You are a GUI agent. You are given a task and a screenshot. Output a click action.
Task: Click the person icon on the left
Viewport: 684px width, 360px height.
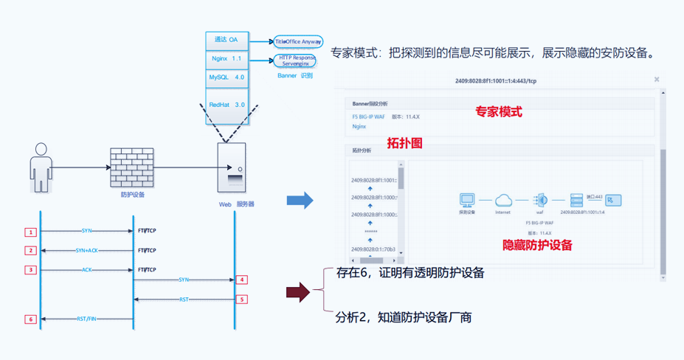[x=41, y=167]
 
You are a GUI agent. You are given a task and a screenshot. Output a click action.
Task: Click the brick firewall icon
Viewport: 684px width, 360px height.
[x=132, y=167]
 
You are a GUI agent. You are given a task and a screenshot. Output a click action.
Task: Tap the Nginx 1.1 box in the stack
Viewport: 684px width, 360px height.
[x=227, y=58]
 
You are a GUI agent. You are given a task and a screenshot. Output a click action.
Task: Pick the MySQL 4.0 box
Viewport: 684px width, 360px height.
[x=227, y=77]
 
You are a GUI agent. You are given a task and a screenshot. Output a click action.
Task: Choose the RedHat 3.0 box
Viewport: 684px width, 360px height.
[x=227, y=105]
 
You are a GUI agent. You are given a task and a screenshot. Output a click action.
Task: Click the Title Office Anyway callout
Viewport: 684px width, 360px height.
[x=298, y=42]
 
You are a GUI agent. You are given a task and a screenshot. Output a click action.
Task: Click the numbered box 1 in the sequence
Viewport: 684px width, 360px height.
[x=30, y=232]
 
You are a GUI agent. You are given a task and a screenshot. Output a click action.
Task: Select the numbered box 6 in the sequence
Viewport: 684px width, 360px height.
[x=30, y=319]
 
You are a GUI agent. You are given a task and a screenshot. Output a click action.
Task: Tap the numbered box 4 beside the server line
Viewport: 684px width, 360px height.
[x=241, y=280]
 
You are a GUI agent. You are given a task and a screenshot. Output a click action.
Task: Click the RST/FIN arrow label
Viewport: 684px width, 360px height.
[x=86, y=319]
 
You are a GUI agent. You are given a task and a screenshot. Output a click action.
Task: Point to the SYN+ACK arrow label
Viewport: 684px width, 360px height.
[x=86, y=251]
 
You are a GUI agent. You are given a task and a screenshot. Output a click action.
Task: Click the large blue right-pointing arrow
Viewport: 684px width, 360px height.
[x=300, y=200]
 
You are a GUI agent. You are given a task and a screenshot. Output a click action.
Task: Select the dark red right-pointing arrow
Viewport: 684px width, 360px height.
[x=298, y=292]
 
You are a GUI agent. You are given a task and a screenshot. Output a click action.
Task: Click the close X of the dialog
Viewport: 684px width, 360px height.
[x=656, y=80]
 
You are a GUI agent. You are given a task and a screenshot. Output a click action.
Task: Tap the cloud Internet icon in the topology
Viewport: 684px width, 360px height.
[x=503, y=200]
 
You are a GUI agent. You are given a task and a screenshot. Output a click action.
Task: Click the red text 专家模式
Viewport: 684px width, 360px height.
[x=498, y=112]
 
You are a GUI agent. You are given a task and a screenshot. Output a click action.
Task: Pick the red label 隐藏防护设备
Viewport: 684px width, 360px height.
[x=537, y=245]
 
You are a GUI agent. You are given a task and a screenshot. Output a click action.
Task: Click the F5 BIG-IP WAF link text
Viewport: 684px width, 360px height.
[x=369, y=117]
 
